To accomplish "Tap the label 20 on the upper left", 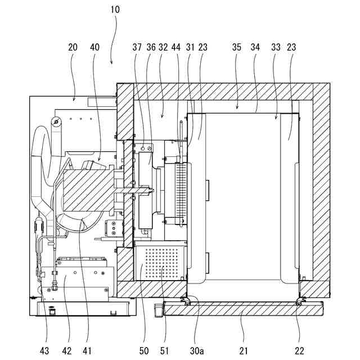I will tap(72, 48).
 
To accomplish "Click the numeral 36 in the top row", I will tap(151, 48).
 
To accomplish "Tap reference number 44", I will tap(177, 48).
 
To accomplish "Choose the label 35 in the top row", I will tap(236, 48).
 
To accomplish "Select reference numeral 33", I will tap(276, 48).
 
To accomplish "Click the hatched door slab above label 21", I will tap(242, 308).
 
